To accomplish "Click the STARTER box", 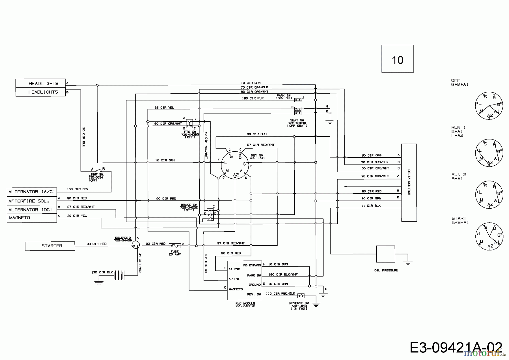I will pos(50,246).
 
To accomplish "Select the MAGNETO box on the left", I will pos(32,218).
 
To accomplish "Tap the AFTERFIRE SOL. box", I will pos(32,201).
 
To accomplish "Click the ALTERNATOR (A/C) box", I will pos(32,192).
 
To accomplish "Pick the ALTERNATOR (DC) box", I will pos(32,210).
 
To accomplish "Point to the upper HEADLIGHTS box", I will pos(40,83).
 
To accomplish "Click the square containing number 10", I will pos(398,59).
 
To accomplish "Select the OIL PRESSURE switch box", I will pos(385,254).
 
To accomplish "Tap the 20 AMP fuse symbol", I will pos(175,246).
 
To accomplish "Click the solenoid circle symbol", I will pos(136,245).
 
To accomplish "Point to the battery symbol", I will pos(119,275).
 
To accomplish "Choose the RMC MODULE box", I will pos(245,280).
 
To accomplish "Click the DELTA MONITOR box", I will pos(409,183).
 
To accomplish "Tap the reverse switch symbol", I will pos(301,296).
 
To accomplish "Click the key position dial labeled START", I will pos(489,236).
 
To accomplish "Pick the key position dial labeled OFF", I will pos(489,106).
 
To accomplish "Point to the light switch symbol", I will pos(98,171).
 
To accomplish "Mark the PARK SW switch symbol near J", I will pos(297,100).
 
